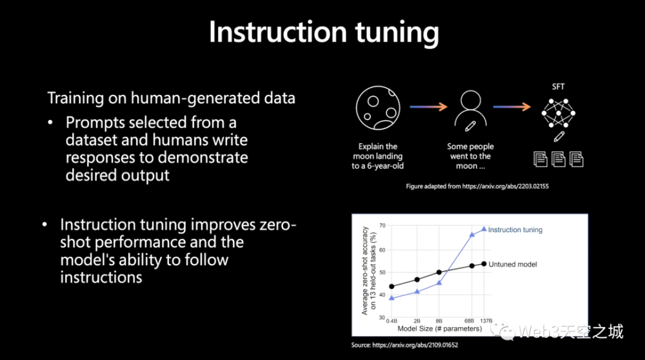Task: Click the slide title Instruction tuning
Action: point(324,32)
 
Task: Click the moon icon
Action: point(378,108)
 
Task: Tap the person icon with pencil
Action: point(470,111)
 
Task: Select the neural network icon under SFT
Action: point(558,113)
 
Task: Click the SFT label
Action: point(558,87)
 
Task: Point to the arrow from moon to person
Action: point(428,107)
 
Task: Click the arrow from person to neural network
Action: point(511,107)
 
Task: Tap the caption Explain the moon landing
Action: point(377,156)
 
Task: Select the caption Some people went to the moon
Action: point(470,156)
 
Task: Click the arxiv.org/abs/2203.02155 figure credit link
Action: point(505,186)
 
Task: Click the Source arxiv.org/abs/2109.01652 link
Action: point(415,345)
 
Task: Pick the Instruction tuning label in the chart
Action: point(515,230)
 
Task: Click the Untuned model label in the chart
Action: point(513,265)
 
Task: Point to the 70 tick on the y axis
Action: point(382,225)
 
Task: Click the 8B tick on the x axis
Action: point(439,321)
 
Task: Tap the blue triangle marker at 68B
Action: point(472,234)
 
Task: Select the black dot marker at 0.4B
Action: point(392,286)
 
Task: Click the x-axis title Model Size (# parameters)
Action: point(439,329)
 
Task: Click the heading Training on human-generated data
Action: point(171,98)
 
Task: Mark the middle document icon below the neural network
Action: point(558,159)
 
